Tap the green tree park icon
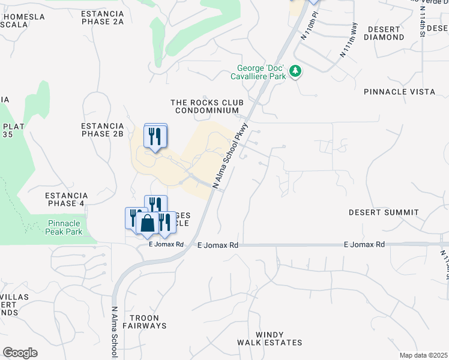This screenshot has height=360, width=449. tap(295, 72)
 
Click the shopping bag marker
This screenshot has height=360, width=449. tap(147, 223)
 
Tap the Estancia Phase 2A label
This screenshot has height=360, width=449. tap(102, 17)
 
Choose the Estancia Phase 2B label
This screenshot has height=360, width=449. tap(102, 130)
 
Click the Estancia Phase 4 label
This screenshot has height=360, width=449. tap(67, 200)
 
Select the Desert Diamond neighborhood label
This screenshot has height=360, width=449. tap(384, 32)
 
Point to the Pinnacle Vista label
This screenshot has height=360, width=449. tap(399, 92)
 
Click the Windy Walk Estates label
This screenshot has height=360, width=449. tap(270, 338)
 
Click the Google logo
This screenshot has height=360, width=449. tap(20, 353)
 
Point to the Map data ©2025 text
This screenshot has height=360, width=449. tap(423, 355)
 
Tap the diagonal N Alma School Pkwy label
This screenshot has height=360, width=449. tap(231, 161)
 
